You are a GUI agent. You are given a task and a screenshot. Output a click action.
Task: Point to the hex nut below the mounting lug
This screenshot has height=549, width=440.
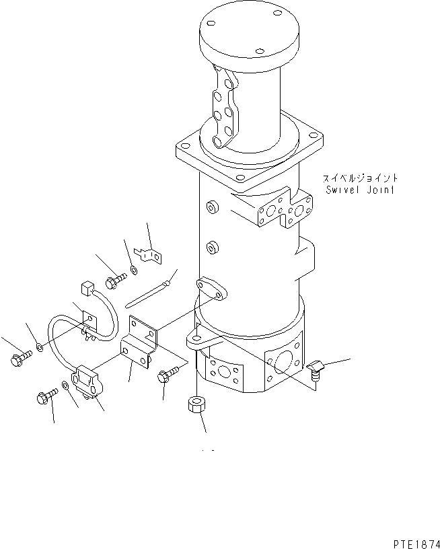(x=195, y=406)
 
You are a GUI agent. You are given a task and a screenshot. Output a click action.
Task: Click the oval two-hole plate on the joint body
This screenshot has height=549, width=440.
(x=213, y=289)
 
